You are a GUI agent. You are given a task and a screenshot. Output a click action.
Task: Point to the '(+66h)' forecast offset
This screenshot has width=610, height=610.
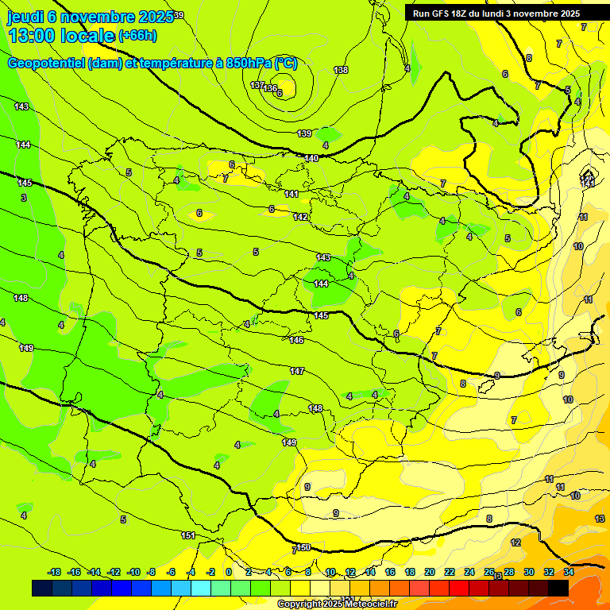pyautogui.click(x=137, y=35)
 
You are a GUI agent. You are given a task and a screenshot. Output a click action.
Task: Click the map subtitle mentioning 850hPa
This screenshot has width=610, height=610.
pyautogui.click(x=152, y=63)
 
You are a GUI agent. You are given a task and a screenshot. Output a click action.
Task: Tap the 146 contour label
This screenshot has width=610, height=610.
pyautogui.click(x=296, y=340)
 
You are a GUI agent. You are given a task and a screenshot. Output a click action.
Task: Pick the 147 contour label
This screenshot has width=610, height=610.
pyautogui.click(x=297, y=371)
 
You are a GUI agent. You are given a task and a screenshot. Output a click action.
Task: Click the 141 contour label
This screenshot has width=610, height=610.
pyautogui.click(x=292, y=194)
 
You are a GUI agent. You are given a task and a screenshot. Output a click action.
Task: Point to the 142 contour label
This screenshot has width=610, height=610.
pyautogui.click(x=300, y=217)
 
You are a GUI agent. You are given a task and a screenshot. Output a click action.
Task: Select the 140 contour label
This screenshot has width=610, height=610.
pyautogui.click(x=311, y=158)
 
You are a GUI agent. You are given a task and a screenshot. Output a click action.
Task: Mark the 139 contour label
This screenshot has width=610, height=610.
pyautogui.click(x=304, y=133)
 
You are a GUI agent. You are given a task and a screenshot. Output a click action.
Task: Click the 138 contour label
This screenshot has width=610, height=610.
pyautogui.click(x=341, y=70)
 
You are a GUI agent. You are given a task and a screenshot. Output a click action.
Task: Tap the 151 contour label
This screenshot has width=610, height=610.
pyautogui.click(x=188, y=535)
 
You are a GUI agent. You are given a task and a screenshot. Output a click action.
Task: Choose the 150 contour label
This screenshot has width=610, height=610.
pyautogui.click(x=303, y=547)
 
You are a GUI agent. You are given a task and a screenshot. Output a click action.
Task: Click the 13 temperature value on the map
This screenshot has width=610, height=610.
pyautogui.click(x=599, y=518)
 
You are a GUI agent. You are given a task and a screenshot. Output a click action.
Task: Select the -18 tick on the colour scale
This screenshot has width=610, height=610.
pyautogui.click(x=55, y=572)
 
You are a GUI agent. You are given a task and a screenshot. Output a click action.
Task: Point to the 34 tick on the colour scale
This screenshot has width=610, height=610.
pyautogui.click(x=569, y=572)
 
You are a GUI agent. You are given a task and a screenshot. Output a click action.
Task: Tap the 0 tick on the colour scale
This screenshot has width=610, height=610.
pyautogui.click(x=228, y=572)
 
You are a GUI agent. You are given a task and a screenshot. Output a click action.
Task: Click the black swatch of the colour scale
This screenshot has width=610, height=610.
pyautogui.click(x=558, y=588)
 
